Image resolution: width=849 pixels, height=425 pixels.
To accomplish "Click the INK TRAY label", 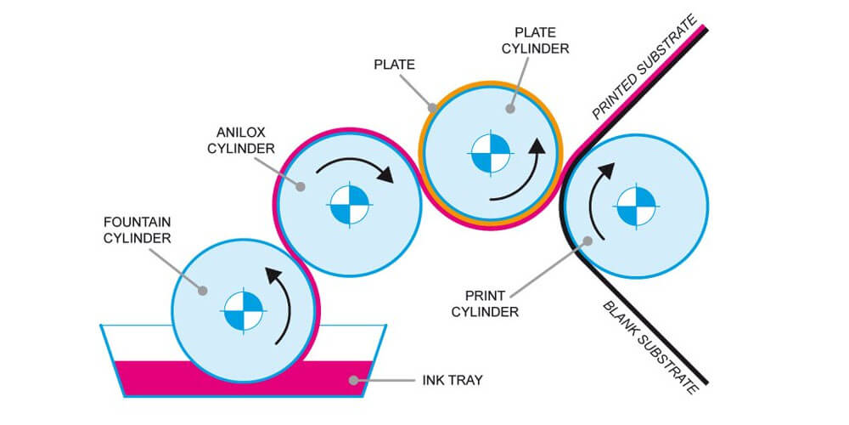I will [451, 379].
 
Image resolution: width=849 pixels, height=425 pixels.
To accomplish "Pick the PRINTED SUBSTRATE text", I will [645, 67].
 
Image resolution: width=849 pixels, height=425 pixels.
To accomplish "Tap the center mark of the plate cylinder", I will [491, 152].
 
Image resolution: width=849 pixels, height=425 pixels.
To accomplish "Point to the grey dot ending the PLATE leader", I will [433, 108].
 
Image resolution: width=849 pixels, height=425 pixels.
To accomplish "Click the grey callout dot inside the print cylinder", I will [587, 241].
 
